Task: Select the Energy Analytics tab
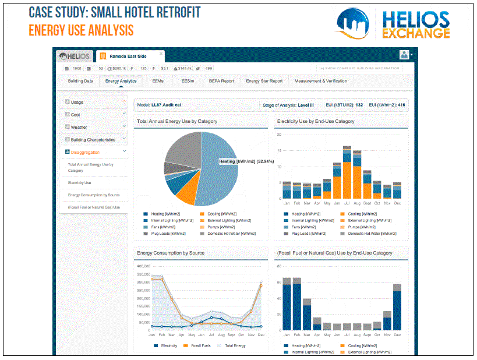tap(121, 81)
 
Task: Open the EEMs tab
tap(158, 81)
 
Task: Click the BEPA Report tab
tap(221, 81)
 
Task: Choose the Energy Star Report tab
tap(264, 81)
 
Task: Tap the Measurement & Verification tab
tap(321, 81)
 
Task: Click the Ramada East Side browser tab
tap(128, 56)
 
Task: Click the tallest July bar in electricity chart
tap(347, 173)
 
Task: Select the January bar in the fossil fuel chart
tap(287, 306)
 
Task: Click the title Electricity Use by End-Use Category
tap(316, 121)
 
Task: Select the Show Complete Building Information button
tap(359, 68)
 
